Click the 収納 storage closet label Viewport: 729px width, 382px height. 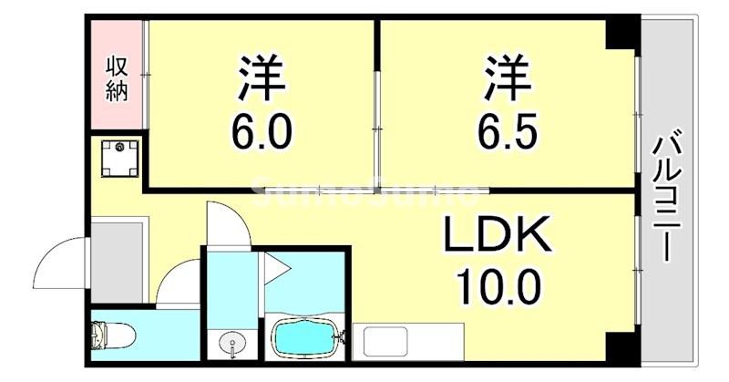[118, 78]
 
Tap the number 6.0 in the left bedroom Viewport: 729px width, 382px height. [263, 131]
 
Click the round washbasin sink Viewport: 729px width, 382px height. [231, 346]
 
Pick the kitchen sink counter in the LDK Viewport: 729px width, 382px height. [402, 341]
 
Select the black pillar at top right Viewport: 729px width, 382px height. [622, 35]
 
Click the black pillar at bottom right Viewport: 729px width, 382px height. [622, 346]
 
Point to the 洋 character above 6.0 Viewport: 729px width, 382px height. [263, 77]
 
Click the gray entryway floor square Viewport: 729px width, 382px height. [119, 259]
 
